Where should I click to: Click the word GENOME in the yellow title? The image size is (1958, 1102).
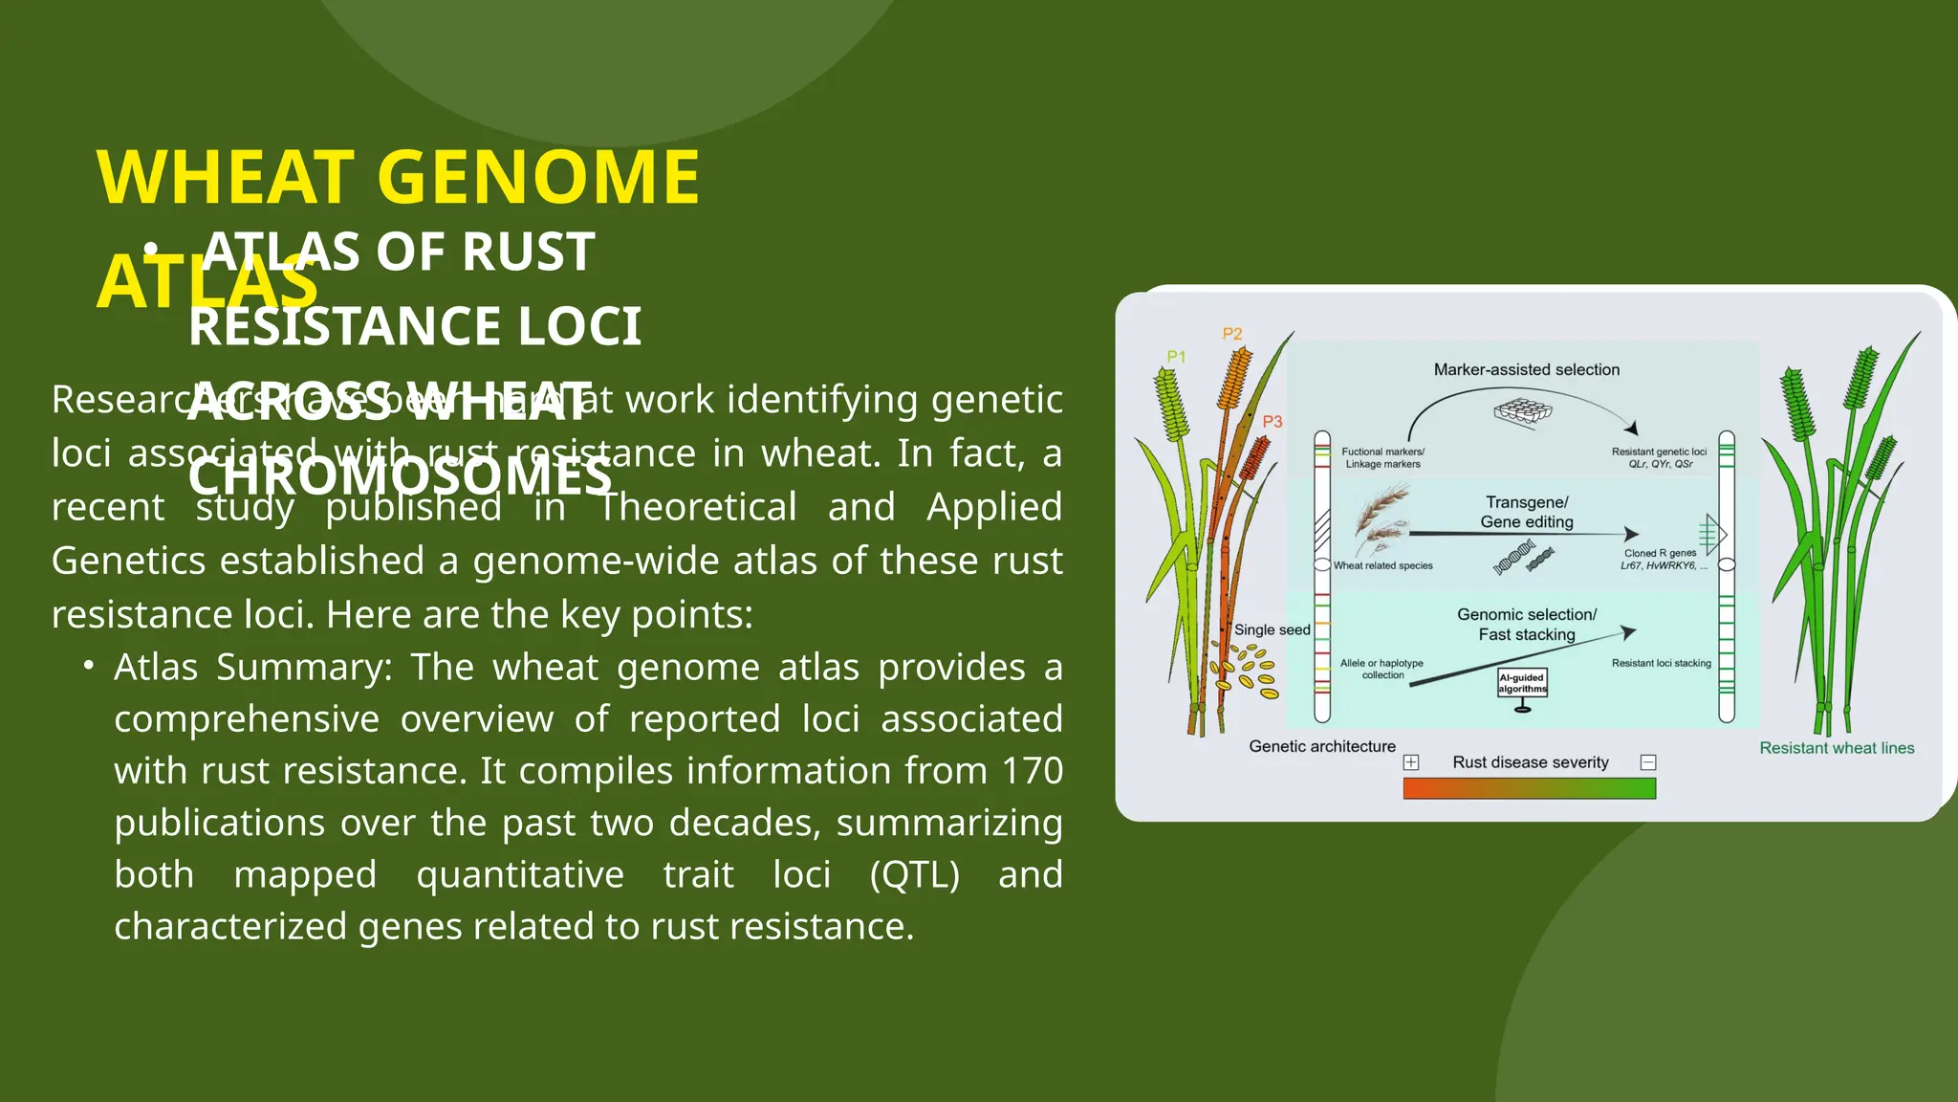[539, 178]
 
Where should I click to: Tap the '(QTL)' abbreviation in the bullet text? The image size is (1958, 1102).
[914, 874]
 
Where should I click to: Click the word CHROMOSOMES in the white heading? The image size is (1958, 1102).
[400, 475]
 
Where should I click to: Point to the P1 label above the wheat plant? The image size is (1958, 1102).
[1176, 357]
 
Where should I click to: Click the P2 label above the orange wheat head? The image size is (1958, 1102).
[1232, 334]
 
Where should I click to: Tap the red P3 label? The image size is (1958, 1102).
[1272, 422]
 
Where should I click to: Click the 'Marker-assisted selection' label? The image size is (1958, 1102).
[1526, 370]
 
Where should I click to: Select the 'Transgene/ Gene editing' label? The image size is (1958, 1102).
[1526, 512]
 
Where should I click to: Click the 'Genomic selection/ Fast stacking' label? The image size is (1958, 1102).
[1526, 625]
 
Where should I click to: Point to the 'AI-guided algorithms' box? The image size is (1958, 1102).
[1522, 683]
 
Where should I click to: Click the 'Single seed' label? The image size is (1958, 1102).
[1272, 629]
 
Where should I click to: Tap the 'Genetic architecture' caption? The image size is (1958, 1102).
[1321, 746]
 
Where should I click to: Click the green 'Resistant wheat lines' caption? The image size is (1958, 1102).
[1837, 748]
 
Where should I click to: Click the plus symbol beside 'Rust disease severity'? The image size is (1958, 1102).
[1411, 762]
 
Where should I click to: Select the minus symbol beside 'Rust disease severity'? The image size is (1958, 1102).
[1648, 762]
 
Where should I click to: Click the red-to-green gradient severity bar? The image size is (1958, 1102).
[1529, 788]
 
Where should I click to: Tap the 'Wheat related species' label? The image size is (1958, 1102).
[1382, 565]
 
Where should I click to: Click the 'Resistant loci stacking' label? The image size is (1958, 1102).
[1661, 663]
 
